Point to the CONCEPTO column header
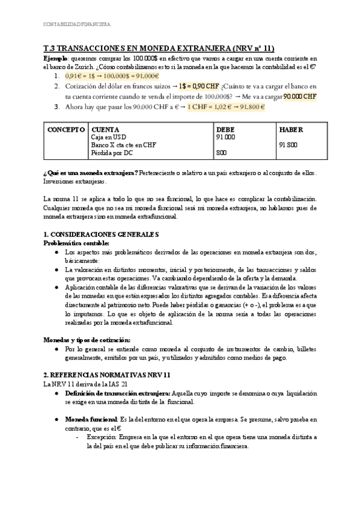(66, 130)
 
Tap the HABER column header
(291, 130)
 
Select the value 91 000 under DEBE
(226, 138)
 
